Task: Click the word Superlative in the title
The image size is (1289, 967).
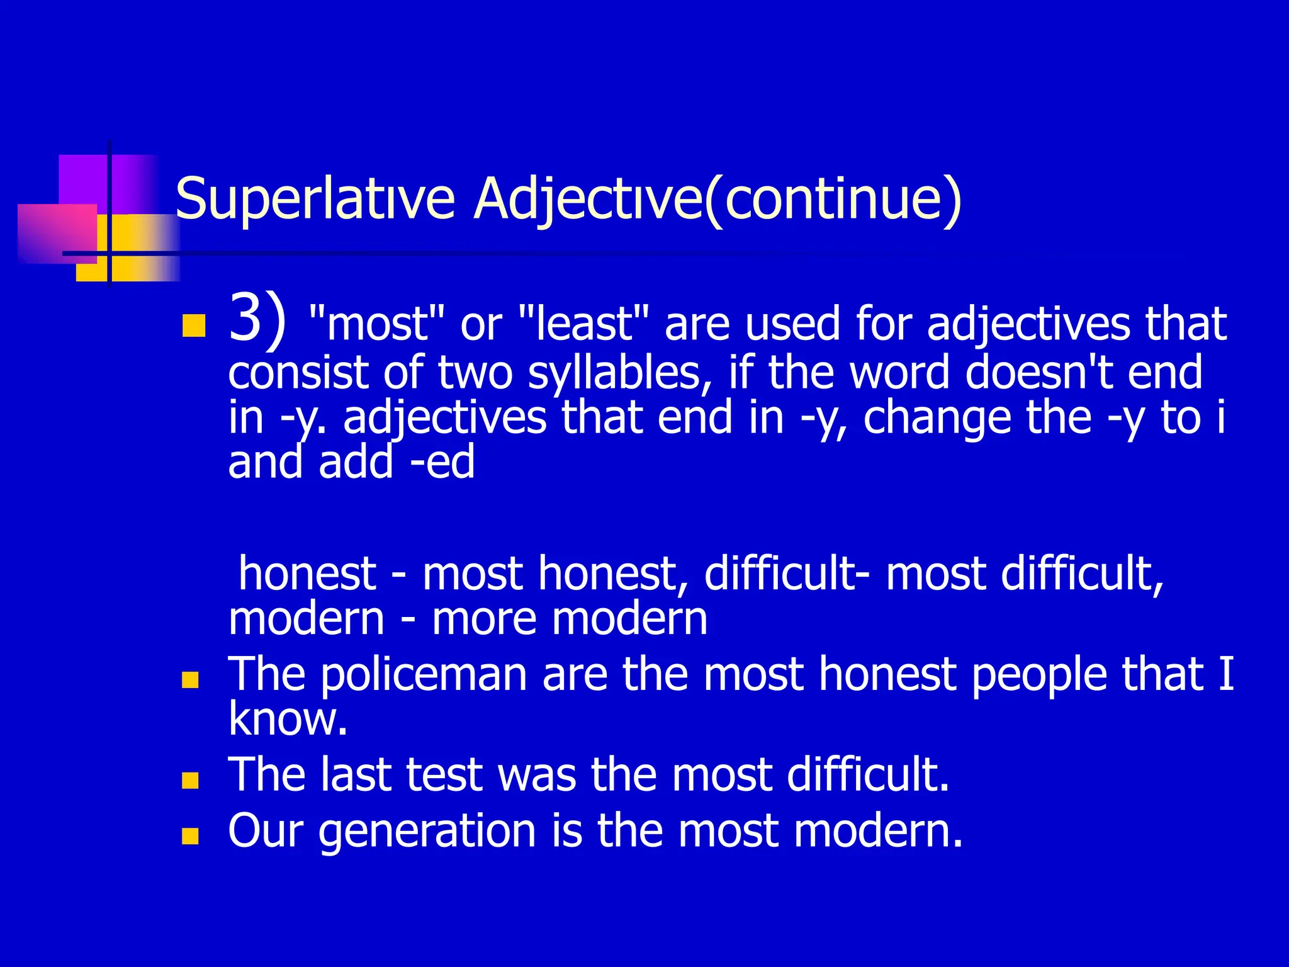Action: pyautogui.click(x=315, y=199)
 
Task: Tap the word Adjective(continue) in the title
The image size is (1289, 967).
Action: pyautogui.click(x=718, y=199)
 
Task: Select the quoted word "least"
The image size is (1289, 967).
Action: pyautogui.click(x=583, y=324)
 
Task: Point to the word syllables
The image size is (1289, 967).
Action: pyautogui.click(x=614, y=373)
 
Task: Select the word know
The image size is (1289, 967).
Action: pyautogui.click(x=287, y=719)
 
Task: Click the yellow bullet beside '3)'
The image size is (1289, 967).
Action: pyautogui.click(x=193, y=326)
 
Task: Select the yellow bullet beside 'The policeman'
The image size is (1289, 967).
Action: pyautogui.click(x=189, y=680)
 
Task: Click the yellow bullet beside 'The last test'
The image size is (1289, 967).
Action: pyautogui.click(x=189, y=781)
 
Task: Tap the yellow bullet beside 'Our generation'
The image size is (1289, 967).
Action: pyautogui.click(x=189, y=836)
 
